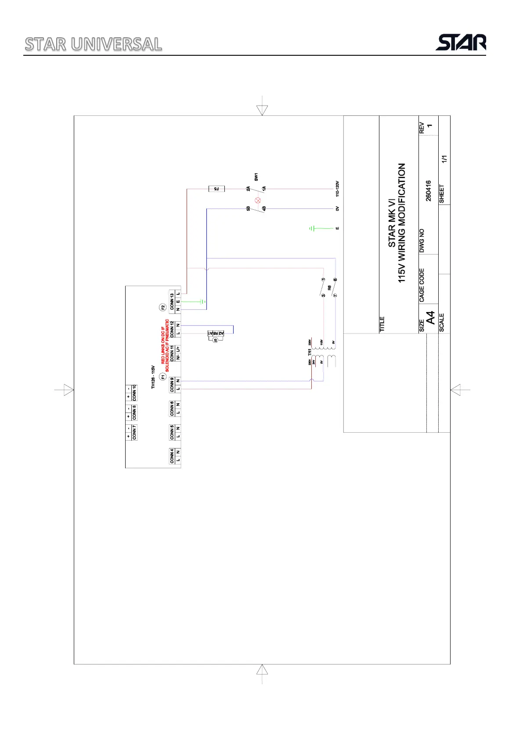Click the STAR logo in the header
coord(461,43)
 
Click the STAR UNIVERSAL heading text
coord(93,44)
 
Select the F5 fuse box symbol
coord(216,189)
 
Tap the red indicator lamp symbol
coord(258,200)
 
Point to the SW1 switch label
coord(256,177)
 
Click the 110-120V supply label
coord(337,188)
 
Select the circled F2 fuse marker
coord(163,307)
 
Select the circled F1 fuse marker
coord(163,377)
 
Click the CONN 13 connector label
coord(172,301)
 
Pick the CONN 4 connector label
coord(172,456)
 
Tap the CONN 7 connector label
coord(134,432)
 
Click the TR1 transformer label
coord(310,352)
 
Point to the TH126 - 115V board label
coord(153,377)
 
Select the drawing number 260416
coord(429,191)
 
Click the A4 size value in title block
coord(431,318)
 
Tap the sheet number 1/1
coord(444,159)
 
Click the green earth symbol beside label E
coord(312,228)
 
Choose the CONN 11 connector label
coord(172,353)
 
